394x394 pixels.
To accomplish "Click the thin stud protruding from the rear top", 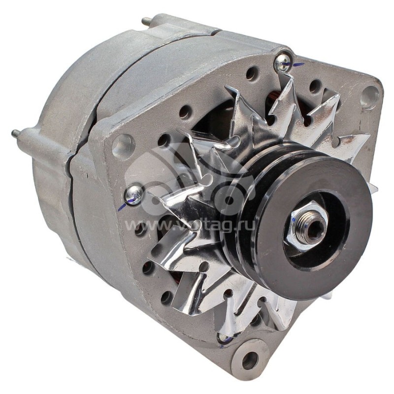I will [x=146, y=21].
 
